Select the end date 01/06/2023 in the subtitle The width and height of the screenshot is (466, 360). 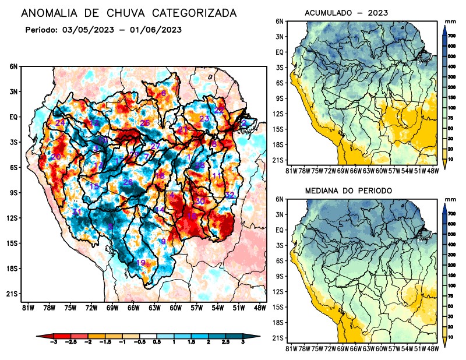[156, 30]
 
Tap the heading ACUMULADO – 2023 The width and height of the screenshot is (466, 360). [347, 12]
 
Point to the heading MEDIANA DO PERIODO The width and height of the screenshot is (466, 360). [348, 190]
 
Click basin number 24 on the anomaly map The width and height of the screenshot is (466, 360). [60, 122]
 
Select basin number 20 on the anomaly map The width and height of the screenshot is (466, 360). [56, 157]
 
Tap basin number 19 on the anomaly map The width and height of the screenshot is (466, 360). [140, 263]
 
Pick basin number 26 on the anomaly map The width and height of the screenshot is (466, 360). [128, 183]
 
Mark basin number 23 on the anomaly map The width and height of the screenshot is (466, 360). [204, 119]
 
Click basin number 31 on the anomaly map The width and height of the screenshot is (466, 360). [76, 212]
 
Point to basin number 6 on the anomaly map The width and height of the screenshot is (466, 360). [164, 93]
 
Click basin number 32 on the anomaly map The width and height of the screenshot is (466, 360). [230, 195]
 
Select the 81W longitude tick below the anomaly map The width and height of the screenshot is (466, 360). [27, 307]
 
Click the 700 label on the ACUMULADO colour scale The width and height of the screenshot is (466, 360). [452, 36]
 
